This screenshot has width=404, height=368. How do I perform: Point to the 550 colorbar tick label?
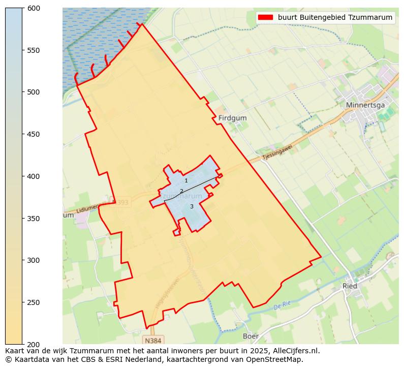coord(34,50)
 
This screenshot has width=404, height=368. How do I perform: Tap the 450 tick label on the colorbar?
coord(34,134)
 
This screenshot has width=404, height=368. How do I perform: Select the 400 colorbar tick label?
coord(34,176)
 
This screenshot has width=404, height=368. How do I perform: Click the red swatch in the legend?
coord(265,17)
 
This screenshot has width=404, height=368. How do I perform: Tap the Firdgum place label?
coord(232,118)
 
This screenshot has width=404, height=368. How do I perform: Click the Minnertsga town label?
coord(365,105)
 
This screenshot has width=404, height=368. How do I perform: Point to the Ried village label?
coord(350,286)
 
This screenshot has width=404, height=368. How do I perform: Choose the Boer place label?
coord(251,336)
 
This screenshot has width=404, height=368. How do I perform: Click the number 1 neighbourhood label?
coord(186,181)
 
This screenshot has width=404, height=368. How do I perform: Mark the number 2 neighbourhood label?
coord(181,192)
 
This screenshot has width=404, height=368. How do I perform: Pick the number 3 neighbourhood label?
coord(192,206)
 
